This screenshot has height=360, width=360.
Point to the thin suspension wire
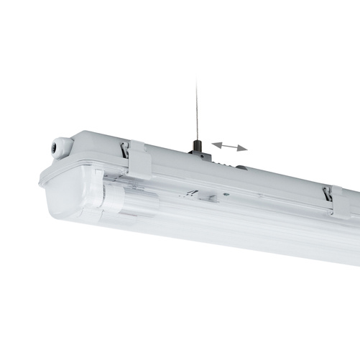(x=195, y=108)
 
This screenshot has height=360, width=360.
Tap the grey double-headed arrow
(x=230, y=146)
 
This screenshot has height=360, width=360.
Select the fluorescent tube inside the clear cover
(x=216, y=216)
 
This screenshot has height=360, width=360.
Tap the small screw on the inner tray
(x=226, y=192)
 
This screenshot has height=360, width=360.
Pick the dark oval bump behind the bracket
(x=241, y=168)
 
